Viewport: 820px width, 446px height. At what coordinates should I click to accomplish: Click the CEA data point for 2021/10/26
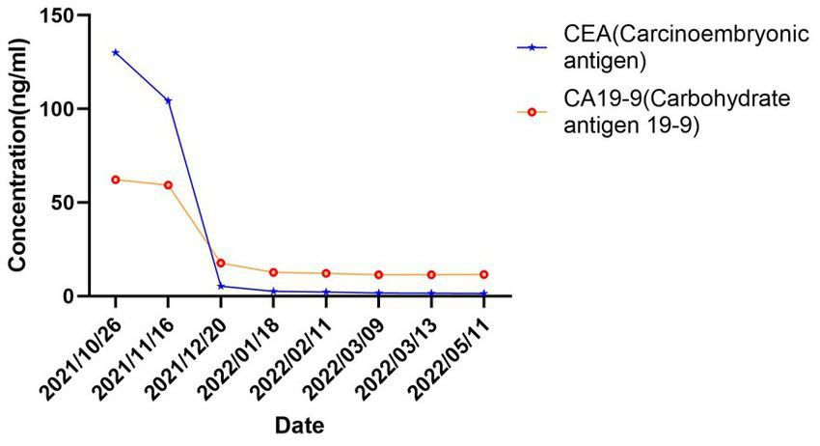click(116, 52)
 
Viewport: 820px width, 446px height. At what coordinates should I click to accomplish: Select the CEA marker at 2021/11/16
click(168, 100)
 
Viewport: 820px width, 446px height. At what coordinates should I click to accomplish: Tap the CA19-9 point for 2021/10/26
click(116, 180)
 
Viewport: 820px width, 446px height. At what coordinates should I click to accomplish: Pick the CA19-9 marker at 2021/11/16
click(168, 185)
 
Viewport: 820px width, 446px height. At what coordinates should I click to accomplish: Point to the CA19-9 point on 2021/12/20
click(221, 263)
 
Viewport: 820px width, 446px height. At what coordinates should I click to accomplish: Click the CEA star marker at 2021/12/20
click(221, 286)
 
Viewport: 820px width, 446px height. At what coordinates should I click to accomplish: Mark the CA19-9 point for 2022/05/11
click(484, 274)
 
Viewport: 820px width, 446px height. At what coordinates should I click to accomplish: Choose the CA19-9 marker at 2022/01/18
click(274, 272)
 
